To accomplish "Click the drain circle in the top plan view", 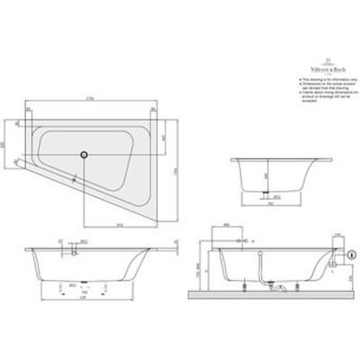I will click(x=85, y=154).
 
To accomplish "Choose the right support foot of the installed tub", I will click(x=309, y=285).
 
